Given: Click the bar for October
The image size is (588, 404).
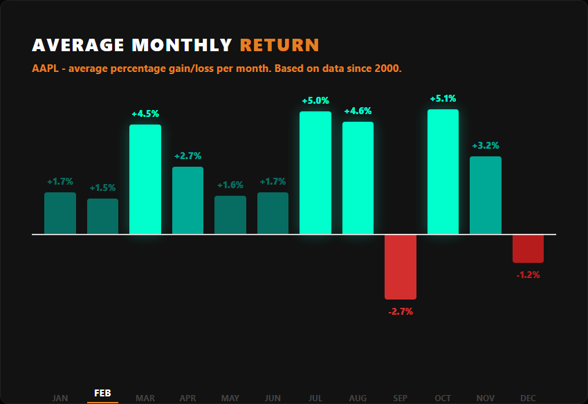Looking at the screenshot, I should click(443, 172).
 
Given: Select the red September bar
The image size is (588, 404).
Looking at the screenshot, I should click(401, 267).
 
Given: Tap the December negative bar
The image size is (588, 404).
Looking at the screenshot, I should click(528, 249).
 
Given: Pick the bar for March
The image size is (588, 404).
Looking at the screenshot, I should click(145, 179).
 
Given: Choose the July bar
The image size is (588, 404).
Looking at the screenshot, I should click(315, 173).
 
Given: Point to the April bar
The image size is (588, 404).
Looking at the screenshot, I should click(187, 201).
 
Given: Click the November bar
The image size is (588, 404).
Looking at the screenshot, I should click(486, 196).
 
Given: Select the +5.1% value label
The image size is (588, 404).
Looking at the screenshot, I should click(443, 99).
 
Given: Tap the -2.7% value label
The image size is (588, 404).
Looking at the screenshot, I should click(401, 311).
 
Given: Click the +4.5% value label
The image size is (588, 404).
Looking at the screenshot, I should click(145, 114).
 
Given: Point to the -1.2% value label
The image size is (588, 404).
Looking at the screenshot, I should click(528, 275).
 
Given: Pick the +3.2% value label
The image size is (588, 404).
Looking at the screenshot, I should click(486, 146).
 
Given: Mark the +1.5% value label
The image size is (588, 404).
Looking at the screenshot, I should click(102, 188).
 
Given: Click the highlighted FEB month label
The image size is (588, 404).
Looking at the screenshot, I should click(102, 393).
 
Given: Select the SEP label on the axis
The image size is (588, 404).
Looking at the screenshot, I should click(401, 398).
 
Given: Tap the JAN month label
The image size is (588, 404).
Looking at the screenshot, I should click(60, 398).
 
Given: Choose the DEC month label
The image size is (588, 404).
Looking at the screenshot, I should click(528, 398).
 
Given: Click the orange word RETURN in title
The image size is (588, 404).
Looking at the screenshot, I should click(279, 46).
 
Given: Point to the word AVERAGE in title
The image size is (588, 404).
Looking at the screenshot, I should click(78, 46).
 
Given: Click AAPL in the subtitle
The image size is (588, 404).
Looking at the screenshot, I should click(44, 69).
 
